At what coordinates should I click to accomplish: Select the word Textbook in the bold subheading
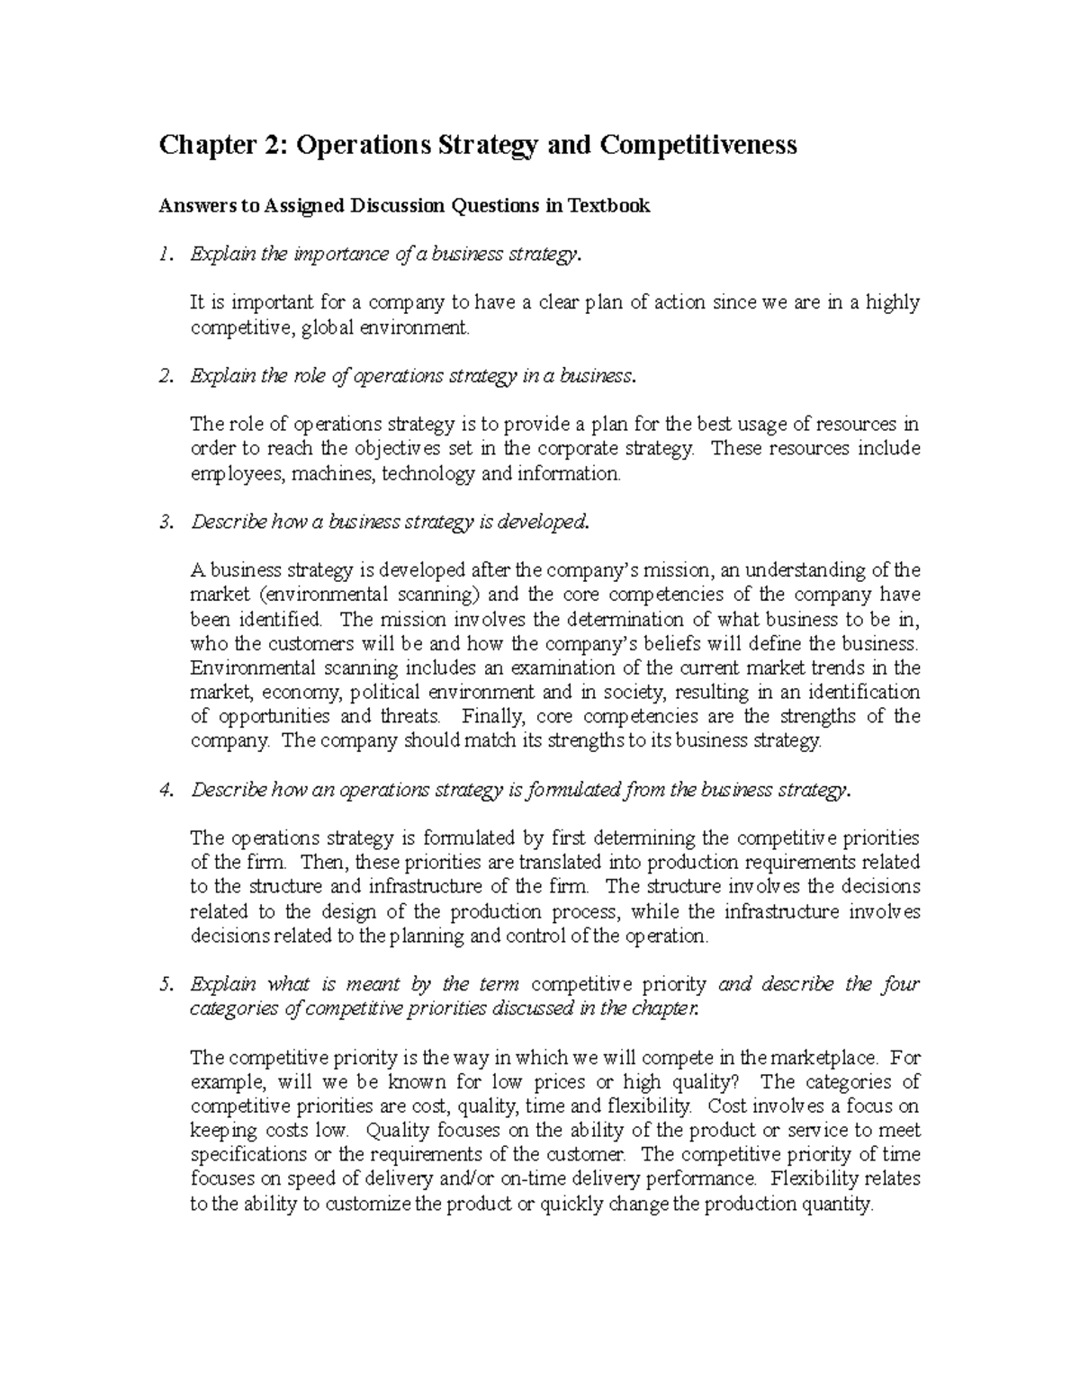coord(608,206)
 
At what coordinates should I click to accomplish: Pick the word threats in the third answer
coord(410,717)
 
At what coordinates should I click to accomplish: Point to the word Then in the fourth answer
coord(320,863)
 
